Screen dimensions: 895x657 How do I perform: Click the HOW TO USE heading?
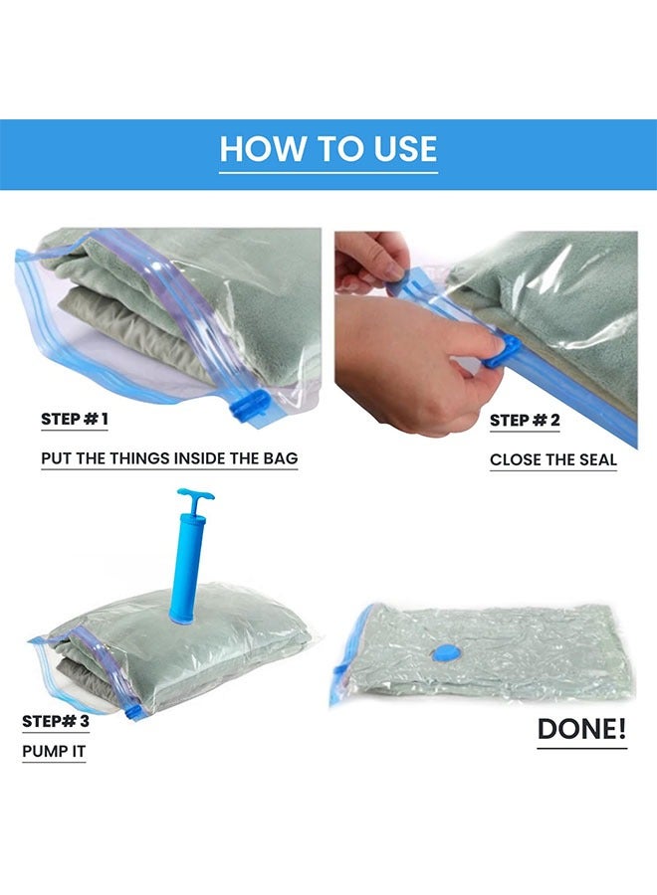(x=328, y=149)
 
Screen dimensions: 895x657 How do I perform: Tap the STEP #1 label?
(x=75, y=419)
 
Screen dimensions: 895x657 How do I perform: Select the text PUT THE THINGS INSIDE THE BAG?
(x=169, y=458)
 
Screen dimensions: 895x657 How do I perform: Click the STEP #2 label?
(x=525, y=420)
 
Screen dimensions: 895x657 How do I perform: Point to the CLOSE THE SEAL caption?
(x=553, y=459)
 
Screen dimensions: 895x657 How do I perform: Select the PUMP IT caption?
(x=54, y=751)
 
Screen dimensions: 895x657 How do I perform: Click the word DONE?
(x=582, y=730)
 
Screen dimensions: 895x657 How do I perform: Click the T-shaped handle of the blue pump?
(x=196, y=496)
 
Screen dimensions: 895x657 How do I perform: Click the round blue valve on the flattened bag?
(x=442, y=652)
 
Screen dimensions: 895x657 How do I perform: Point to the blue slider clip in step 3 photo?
(x=130, y=710)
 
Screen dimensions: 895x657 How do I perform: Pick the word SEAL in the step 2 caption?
(x=593, y=459)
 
